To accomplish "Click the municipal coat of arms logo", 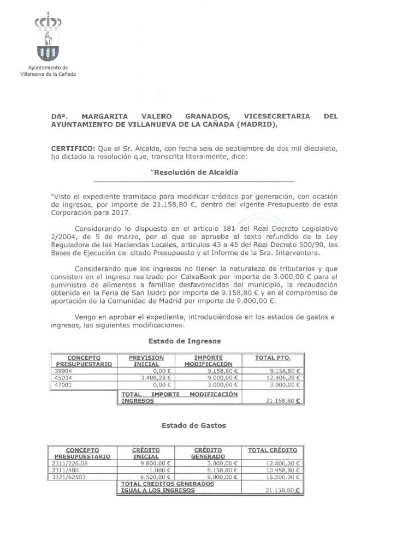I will (48, 39).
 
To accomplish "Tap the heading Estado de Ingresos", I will (193, 341).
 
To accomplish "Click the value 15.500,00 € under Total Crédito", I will (286, 477).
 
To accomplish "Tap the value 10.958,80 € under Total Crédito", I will (286, 470).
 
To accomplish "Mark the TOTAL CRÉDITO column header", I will (273, 450).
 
